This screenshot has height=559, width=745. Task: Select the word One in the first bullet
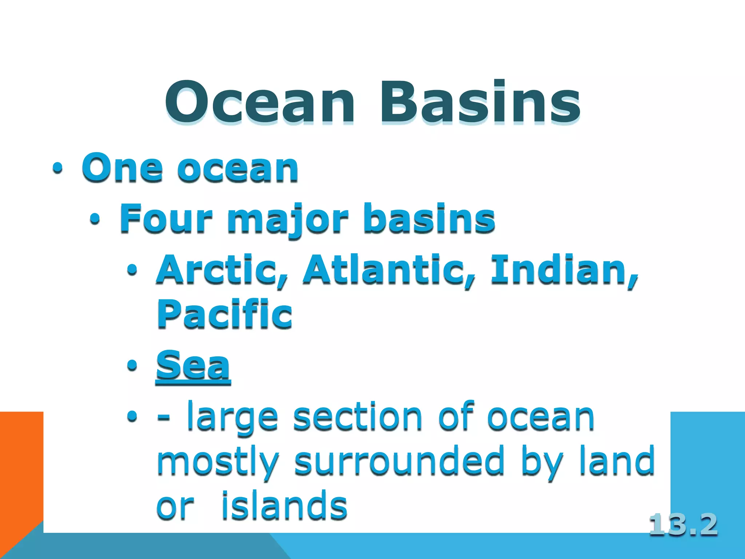tap(122, 168)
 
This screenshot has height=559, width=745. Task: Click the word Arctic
tap(222, 269)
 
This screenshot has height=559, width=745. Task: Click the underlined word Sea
tap(193, 365)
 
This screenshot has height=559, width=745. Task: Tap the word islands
tap(284, 505)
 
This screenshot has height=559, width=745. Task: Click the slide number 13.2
tap(683, 525)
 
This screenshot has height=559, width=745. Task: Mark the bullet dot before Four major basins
tap(95, 219)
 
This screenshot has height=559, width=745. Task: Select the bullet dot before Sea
tap(132, 365)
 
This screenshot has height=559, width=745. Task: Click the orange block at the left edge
tap(21, 466)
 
